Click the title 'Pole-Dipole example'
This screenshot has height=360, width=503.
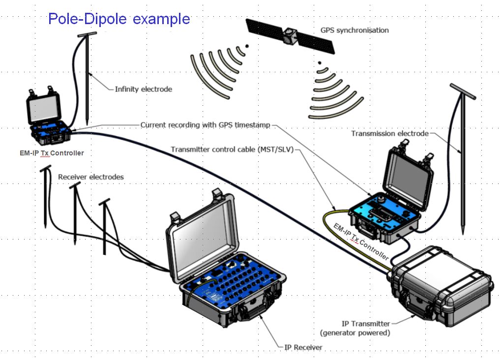coord(118,19)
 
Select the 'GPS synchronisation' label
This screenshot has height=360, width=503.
coord(355,30)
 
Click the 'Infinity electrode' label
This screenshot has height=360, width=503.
coord(143,89)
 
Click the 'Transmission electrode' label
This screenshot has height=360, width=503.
coord(390,133)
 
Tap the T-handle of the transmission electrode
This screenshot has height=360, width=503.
coord(463,91)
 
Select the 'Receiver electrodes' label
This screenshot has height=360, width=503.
coord(91,177)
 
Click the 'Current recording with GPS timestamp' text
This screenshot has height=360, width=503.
coord(205,125)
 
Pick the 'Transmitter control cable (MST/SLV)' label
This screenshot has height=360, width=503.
coord(232,149)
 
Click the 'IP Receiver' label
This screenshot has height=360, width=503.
coord(303,347)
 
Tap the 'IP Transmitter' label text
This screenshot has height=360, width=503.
coord(366,324)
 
